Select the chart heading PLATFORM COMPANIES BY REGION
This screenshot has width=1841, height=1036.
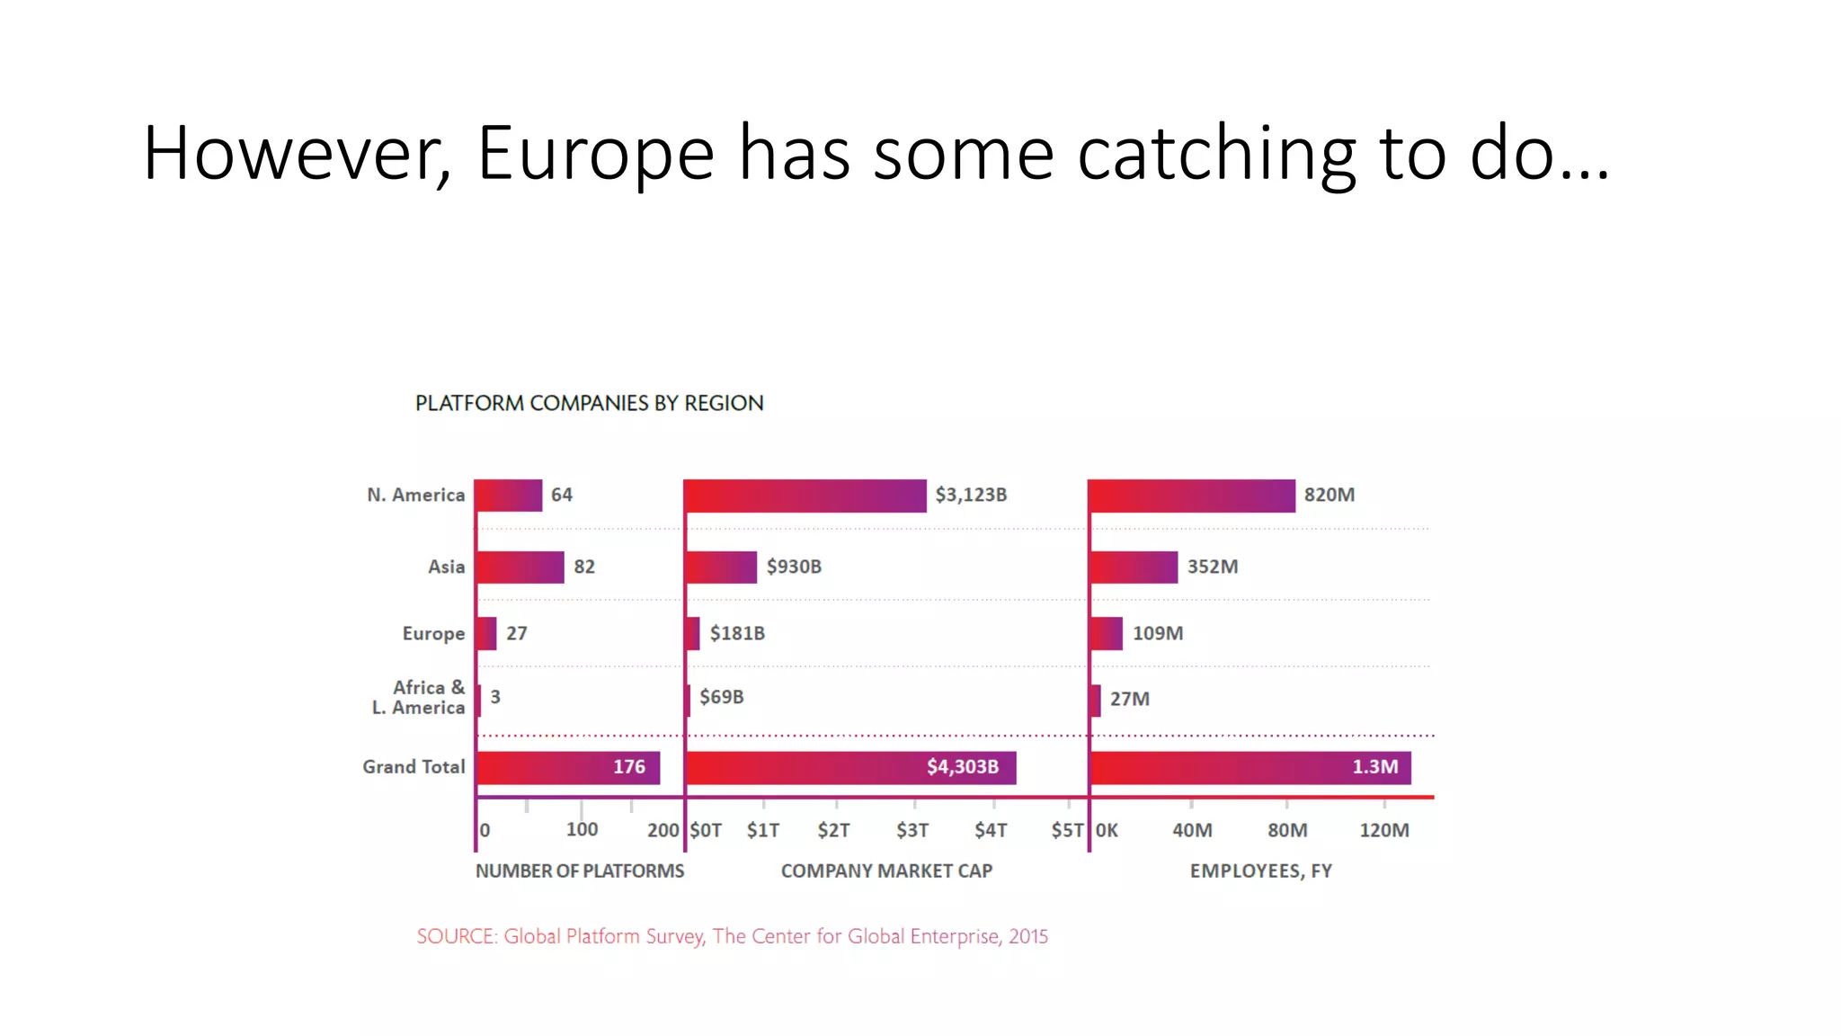click(589, 403)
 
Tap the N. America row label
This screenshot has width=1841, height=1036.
click(415, 495)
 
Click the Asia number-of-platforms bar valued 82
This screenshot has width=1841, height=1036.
click(520, 567)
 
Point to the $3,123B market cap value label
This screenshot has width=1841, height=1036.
click(971, 495)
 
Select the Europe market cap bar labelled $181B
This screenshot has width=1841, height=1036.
click(692, 633)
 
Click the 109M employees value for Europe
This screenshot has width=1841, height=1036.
click(1158, 633)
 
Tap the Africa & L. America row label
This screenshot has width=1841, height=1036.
click(419, 698)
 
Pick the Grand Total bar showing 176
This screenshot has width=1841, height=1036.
click(568, 768)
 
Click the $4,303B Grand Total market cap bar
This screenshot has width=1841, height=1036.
click(850, 768)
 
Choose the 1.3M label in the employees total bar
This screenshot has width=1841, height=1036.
click(1375, 767)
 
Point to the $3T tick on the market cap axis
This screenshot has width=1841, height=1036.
click(912, 830)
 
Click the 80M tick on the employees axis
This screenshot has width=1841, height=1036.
click(1287, 830)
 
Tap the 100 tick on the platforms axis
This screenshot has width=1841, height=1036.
click(582, 829)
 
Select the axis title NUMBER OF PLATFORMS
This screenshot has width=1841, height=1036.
click(580, 871)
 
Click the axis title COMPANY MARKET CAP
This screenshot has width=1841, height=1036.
click(886, 871)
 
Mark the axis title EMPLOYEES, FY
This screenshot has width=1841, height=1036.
click(1260, 871)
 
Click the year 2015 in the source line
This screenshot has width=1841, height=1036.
click(1028, 936)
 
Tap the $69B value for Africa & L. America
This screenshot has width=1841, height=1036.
click(722, 697)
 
